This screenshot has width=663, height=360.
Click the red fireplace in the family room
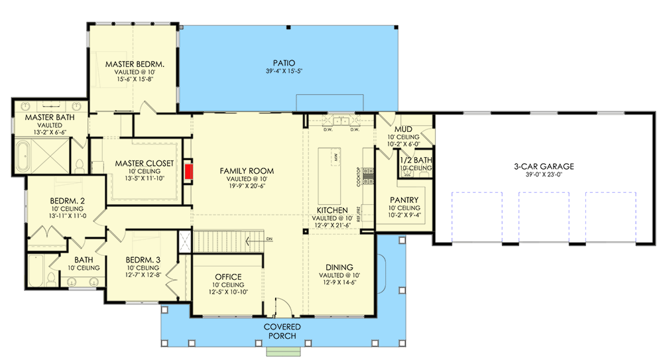coord(189,172)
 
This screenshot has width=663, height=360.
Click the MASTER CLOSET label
coord(144,163)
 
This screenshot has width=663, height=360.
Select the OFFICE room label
coord(227,277)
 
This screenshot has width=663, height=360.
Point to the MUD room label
coord(404,129)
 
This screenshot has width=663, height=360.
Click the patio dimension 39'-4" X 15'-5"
coord(283,72)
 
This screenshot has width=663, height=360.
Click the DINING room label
coord(339,267)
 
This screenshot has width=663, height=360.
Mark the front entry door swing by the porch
coord(282,306)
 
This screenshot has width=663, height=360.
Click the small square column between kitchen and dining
coord(304,232)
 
